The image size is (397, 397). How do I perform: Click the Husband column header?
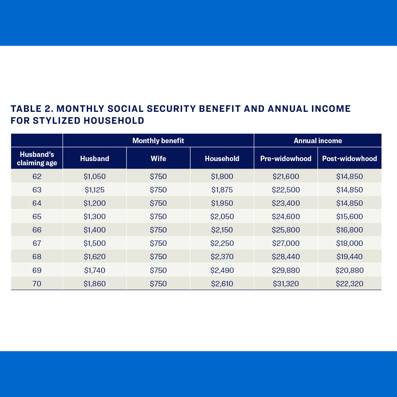94,158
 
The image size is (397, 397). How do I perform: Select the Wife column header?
158,158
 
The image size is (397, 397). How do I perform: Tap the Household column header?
222,158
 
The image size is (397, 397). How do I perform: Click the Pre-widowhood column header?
286,158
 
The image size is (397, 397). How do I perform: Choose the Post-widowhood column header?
349,158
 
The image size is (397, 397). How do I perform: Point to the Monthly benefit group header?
158,140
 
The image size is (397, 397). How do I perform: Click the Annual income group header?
318,140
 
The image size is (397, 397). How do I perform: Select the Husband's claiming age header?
37,158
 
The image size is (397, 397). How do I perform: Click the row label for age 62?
37,176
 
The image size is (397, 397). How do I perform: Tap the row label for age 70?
37,284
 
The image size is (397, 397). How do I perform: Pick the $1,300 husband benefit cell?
94,216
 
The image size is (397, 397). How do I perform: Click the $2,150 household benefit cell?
222,230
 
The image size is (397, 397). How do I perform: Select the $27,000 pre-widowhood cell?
286,243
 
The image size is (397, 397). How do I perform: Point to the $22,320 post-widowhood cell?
349,284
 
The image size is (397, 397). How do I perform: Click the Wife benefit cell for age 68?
158,257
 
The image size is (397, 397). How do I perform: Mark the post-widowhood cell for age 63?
349,190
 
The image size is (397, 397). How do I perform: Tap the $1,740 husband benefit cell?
94,270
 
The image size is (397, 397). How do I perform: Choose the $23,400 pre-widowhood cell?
286,203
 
